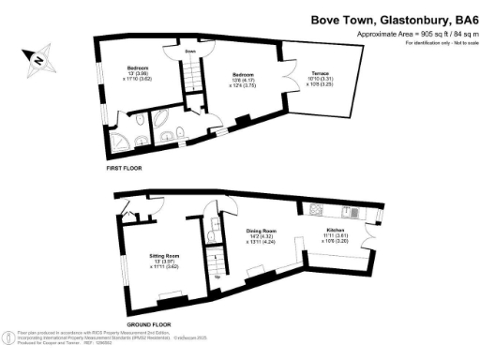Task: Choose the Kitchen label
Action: [x=335, y=230]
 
